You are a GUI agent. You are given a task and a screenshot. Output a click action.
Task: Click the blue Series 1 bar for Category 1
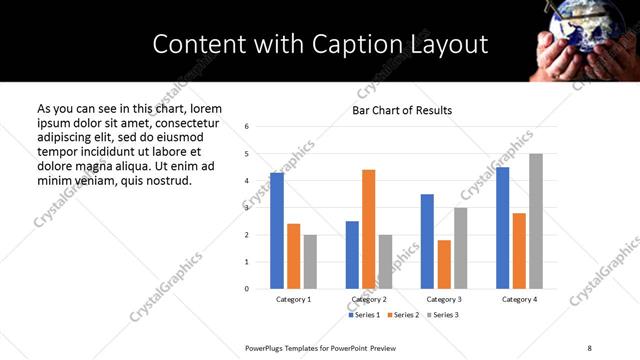pyautogui.click(x=277, y=231)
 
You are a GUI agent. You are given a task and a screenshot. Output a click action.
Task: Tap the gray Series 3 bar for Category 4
pyautogui.click(x=536, y=221)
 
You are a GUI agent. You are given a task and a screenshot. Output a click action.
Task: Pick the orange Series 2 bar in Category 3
pyautogui.click(x=444, y=264)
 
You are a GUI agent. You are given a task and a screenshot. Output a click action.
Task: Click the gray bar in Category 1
pyautogui.click(x=310, y=262)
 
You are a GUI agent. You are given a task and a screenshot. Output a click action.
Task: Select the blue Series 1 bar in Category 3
pyautogui.click(x=427, y=241)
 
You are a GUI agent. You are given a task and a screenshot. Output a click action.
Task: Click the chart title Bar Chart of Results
pyautogui.click(x=402, y=110)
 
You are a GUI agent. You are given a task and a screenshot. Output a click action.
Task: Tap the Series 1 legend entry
pyautogui.click(x=362, y=315)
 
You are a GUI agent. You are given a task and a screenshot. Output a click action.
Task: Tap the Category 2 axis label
pyautogui.click(x=369, y=300)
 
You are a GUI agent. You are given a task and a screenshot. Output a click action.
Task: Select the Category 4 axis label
pyautogui.click(x=519, y=300)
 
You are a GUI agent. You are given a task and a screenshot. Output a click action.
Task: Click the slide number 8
pyautogui.click(x=589, y=346)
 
